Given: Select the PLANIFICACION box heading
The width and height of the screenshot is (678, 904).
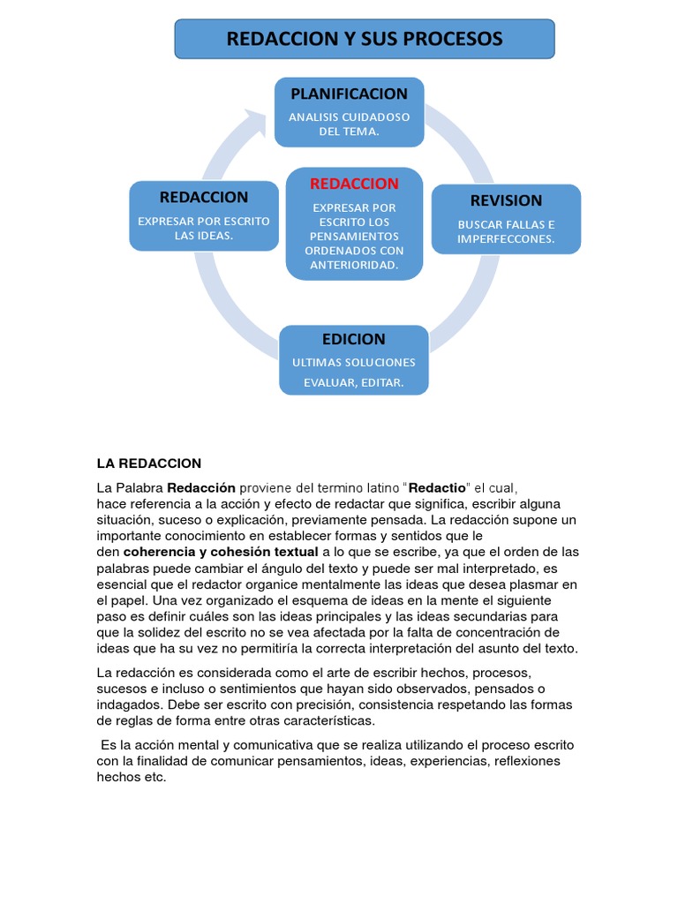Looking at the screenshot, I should [x=349, y=94].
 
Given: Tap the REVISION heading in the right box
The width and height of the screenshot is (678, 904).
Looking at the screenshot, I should [x=506, y=200].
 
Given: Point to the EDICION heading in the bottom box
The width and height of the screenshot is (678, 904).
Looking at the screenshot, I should [x=354, y=339].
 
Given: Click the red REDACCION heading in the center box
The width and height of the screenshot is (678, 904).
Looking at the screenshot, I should [x=354, y=184].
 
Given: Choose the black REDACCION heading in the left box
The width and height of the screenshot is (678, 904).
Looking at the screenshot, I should [x=204, y=197].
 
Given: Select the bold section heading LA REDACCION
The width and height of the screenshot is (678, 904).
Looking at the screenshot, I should [x=148, y=463].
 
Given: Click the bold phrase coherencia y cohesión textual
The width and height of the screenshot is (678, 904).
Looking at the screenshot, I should [x=221, y=552].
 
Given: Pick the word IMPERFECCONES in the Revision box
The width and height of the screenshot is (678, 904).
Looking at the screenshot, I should [x=506, y=239].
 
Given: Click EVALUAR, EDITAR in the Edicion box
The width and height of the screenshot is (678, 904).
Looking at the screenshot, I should [x=354, y=382].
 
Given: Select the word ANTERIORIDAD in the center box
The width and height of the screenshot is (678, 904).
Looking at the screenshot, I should [x=354, y=265].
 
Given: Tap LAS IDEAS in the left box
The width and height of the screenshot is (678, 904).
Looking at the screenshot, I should [x=204, y=236].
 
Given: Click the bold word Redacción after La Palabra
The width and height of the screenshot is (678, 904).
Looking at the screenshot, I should [x=201, y=487].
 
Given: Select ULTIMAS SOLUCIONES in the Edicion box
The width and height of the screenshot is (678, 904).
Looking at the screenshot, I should [x=354, y=363].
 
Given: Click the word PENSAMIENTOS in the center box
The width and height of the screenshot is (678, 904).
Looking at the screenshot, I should [x=354, y=237].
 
